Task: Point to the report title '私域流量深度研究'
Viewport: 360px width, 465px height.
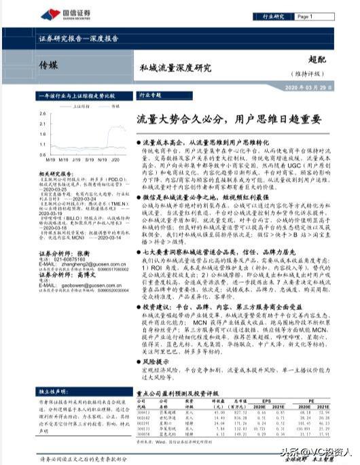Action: (175, 68)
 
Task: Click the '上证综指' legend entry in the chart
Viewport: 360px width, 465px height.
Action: (79, 106)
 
